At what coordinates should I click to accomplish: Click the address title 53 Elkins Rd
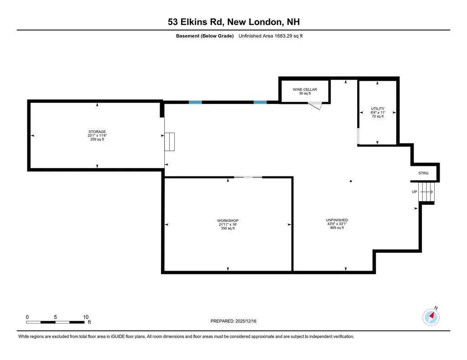(x=233, y=22)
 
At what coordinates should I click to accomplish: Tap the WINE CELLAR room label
(x=305, y=89)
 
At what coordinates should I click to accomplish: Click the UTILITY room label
(x=378, y=108)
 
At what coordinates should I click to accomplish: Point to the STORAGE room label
(x=97, y=132)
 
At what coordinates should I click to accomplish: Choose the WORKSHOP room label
(x=228, y=221)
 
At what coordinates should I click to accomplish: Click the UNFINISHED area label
(x=337, y=220)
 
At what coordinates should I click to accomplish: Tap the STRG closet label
(x=423, y=173)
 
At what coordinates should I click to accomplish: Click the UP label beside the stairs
(x=414, y=192)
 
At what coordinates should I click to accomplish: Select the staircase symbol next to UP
(x=427, y=192)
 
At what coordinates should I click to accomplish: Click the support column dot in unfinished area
(x=351, y=181)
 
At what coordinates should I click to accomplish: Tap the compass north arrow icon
(x=431, y=316)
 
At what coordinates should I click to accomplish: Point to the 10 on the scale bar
(x=85, y=317)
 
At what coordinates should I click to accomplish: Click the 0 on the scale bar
(x=27, y=317)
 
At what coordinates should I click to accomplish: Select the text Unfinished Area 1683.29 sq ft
(x=270, y=36)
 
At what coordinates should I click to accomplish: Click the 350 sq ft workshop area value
(x=228, y=229)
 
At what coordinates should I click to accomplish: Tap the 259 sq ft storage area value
(x=97, y=139)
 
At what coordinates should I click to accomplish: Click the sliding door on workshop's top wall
(x=248, y=177)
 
